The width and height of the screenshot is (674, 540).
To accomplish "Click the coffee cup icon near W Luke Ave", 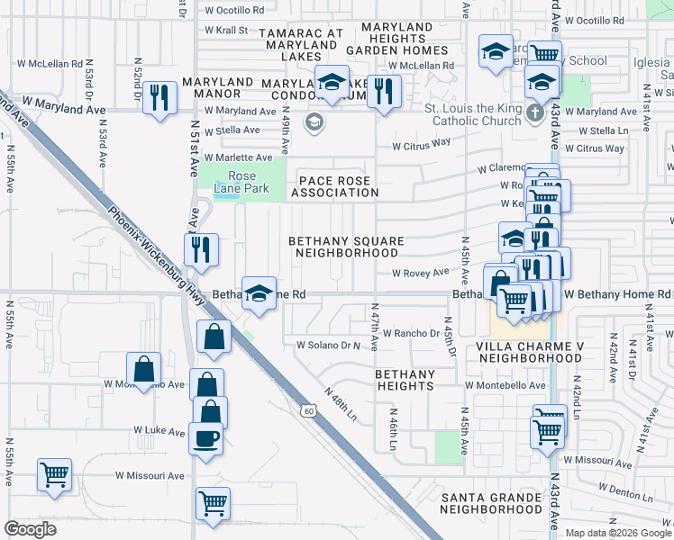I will tap(206, 438).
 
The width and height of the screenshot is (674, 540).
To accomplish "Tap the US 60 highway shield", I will tap(308, 410).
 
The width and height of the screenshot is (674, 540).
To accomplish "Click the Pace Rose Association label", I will tap(333, 186).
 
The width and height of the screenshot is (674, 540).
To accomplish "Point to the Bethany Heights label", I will tap(405, 380).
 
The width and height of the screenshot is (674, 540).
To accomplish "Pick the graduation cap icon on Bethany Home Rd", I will tap(259, 293).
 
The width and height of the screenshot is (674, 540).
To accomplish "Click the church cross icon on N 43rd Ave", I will tap(534, 113).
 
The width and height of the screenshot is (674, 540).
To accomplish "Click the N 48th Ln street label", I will tap(342, 406).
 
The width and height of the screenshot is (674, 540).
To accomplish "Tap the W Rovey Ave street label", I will tap(419, 273).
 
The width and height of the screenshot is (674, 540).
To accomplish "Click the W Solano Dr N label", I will tap(327, 346).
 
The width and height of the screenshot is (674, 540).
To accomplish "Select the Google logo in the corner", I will tap(30, 529).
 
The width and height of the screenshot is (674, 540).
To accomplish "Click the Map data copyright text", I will tap(617, 533).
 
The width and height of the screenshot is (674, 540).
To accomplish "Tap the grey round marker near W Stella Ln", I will tap(314, 122).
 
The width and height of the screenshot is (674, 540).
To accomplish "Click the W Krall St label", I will tap(226, 30).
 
